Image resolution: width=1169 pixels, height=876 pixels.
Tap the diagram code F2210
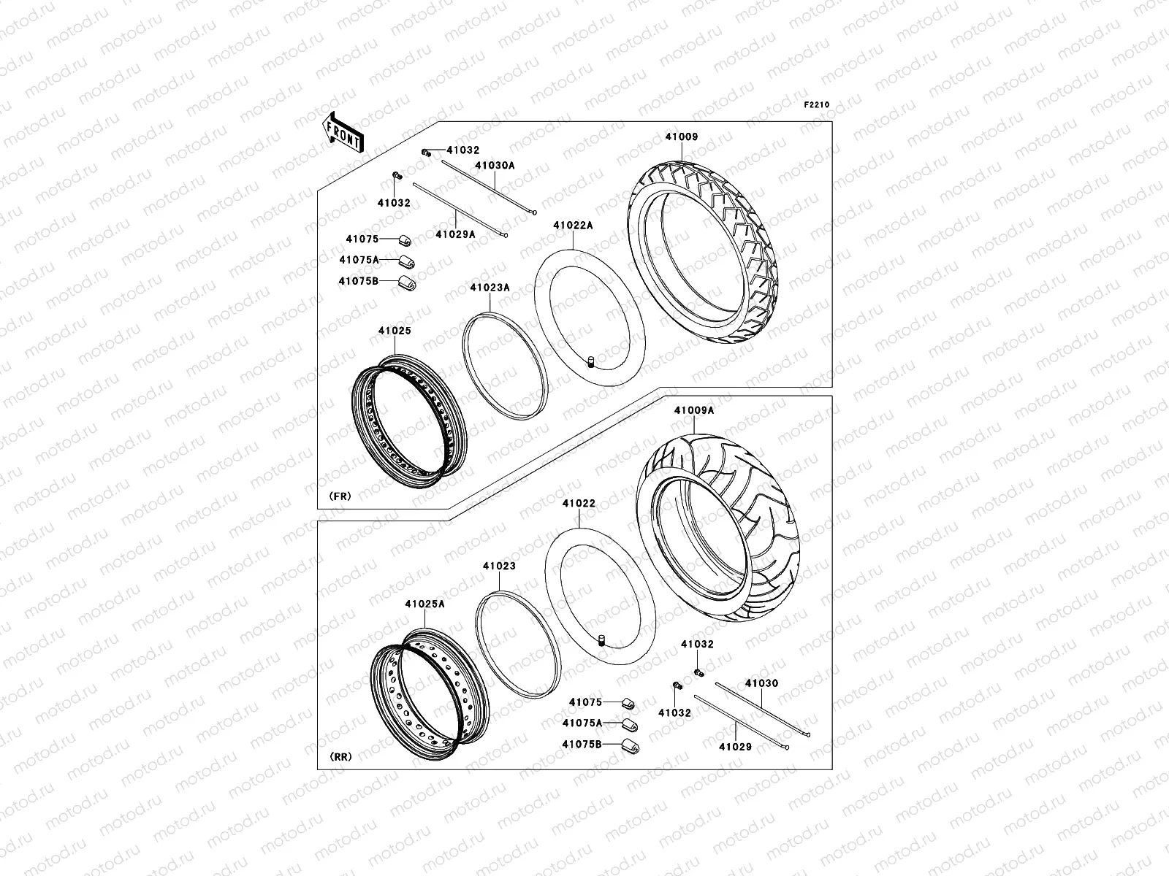(817, 105)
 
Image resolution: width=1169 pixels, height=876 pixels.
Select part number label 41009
(681, 137)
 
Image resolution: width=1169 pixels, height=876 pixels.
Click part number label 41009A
(694, 410)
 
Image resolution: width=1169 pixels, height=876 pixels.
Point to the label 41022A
(573, 226)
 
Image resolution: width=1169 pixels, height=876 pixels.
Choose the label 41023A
(490, 288)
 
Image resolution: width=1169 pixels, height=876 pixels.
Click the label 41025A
(424, 604)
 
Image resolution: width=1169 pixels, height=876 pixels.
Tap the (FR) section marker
(340, 496)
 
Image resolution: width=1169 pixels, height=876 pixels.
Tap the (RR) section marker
(340, 757)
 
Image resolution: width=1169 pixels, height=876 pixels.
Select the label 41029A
(455, 234)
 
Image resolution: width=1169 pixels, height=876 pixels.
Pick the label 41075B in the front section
(358, 280)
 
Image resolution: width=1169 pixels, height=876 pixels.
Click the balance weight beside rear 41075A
(628, 724)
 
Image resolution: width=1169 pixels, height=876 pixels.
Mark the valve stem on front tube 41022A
(591, 363)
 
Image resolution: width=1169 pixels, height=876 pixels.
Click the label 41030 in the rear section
(761, 684)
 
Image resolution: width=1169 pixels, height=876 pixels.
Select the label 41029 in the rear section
(735, 747)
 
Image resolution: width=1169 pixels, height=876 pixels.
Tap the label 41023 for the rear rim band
(499, 566)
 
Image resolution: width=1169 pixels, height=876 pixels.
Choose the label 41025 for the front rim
(395, 331)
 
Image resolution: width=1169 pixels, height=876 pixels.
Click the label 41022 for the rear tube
(579, 503)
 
